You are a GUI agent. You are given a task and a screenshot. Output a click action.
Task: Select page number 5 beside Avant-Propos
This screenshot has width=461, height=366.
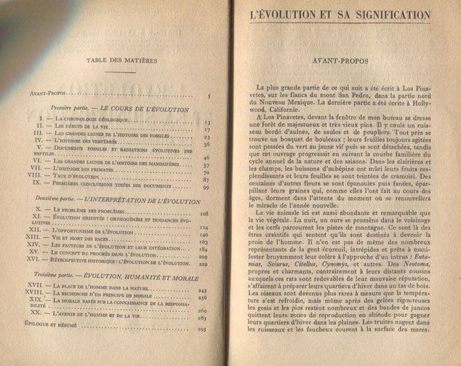click(x=208, y=97)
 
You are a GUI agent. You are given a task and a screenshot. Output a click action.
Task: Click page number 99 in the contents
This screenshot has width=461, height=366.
click(x=205, y=188)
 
